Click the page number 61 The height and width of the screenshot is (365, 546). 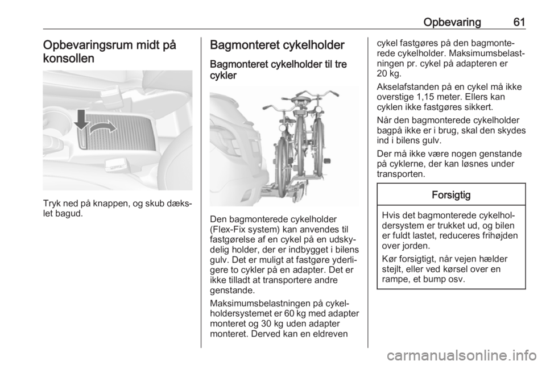click(519, 22)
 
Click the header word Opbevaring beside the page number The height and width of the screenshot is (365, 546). click(452, 23)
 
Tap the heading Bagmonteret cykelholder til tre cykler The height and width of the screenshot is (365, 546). click(278, 70)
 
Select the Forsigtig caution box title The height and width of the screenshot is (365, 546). click(451, 195)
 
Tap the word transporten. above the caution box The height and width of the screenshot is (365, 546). click(401, 173)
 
